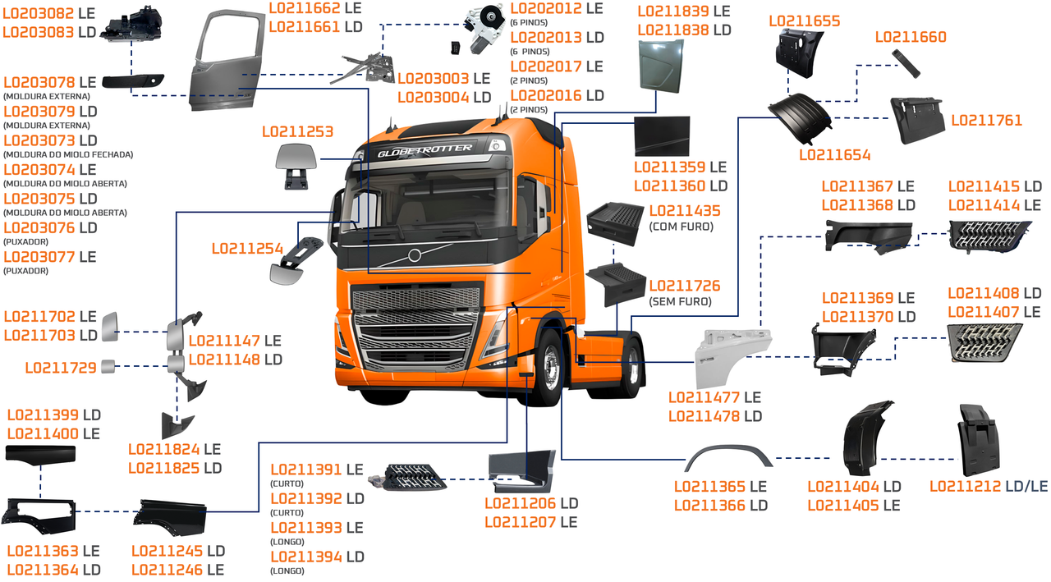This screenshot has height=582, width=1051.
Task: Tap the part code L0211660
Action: (910, 37)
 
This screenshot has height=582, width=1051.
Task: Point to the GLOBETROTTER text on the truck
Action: (425, 150)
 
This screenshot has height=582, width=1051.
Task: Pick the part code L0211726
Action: (685, 286)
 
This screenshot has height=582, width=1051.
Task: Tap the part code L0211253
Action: (297, 131)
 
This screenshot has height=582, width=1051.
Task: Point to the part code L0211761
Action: (986, 121)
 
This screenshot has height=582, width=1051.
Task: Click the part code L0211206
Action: (521, 502)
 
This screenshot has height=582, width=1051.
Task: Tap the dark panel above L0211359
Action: (662, 135)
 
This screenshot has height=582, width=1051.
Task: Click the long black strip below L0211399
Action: (40, 453)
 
